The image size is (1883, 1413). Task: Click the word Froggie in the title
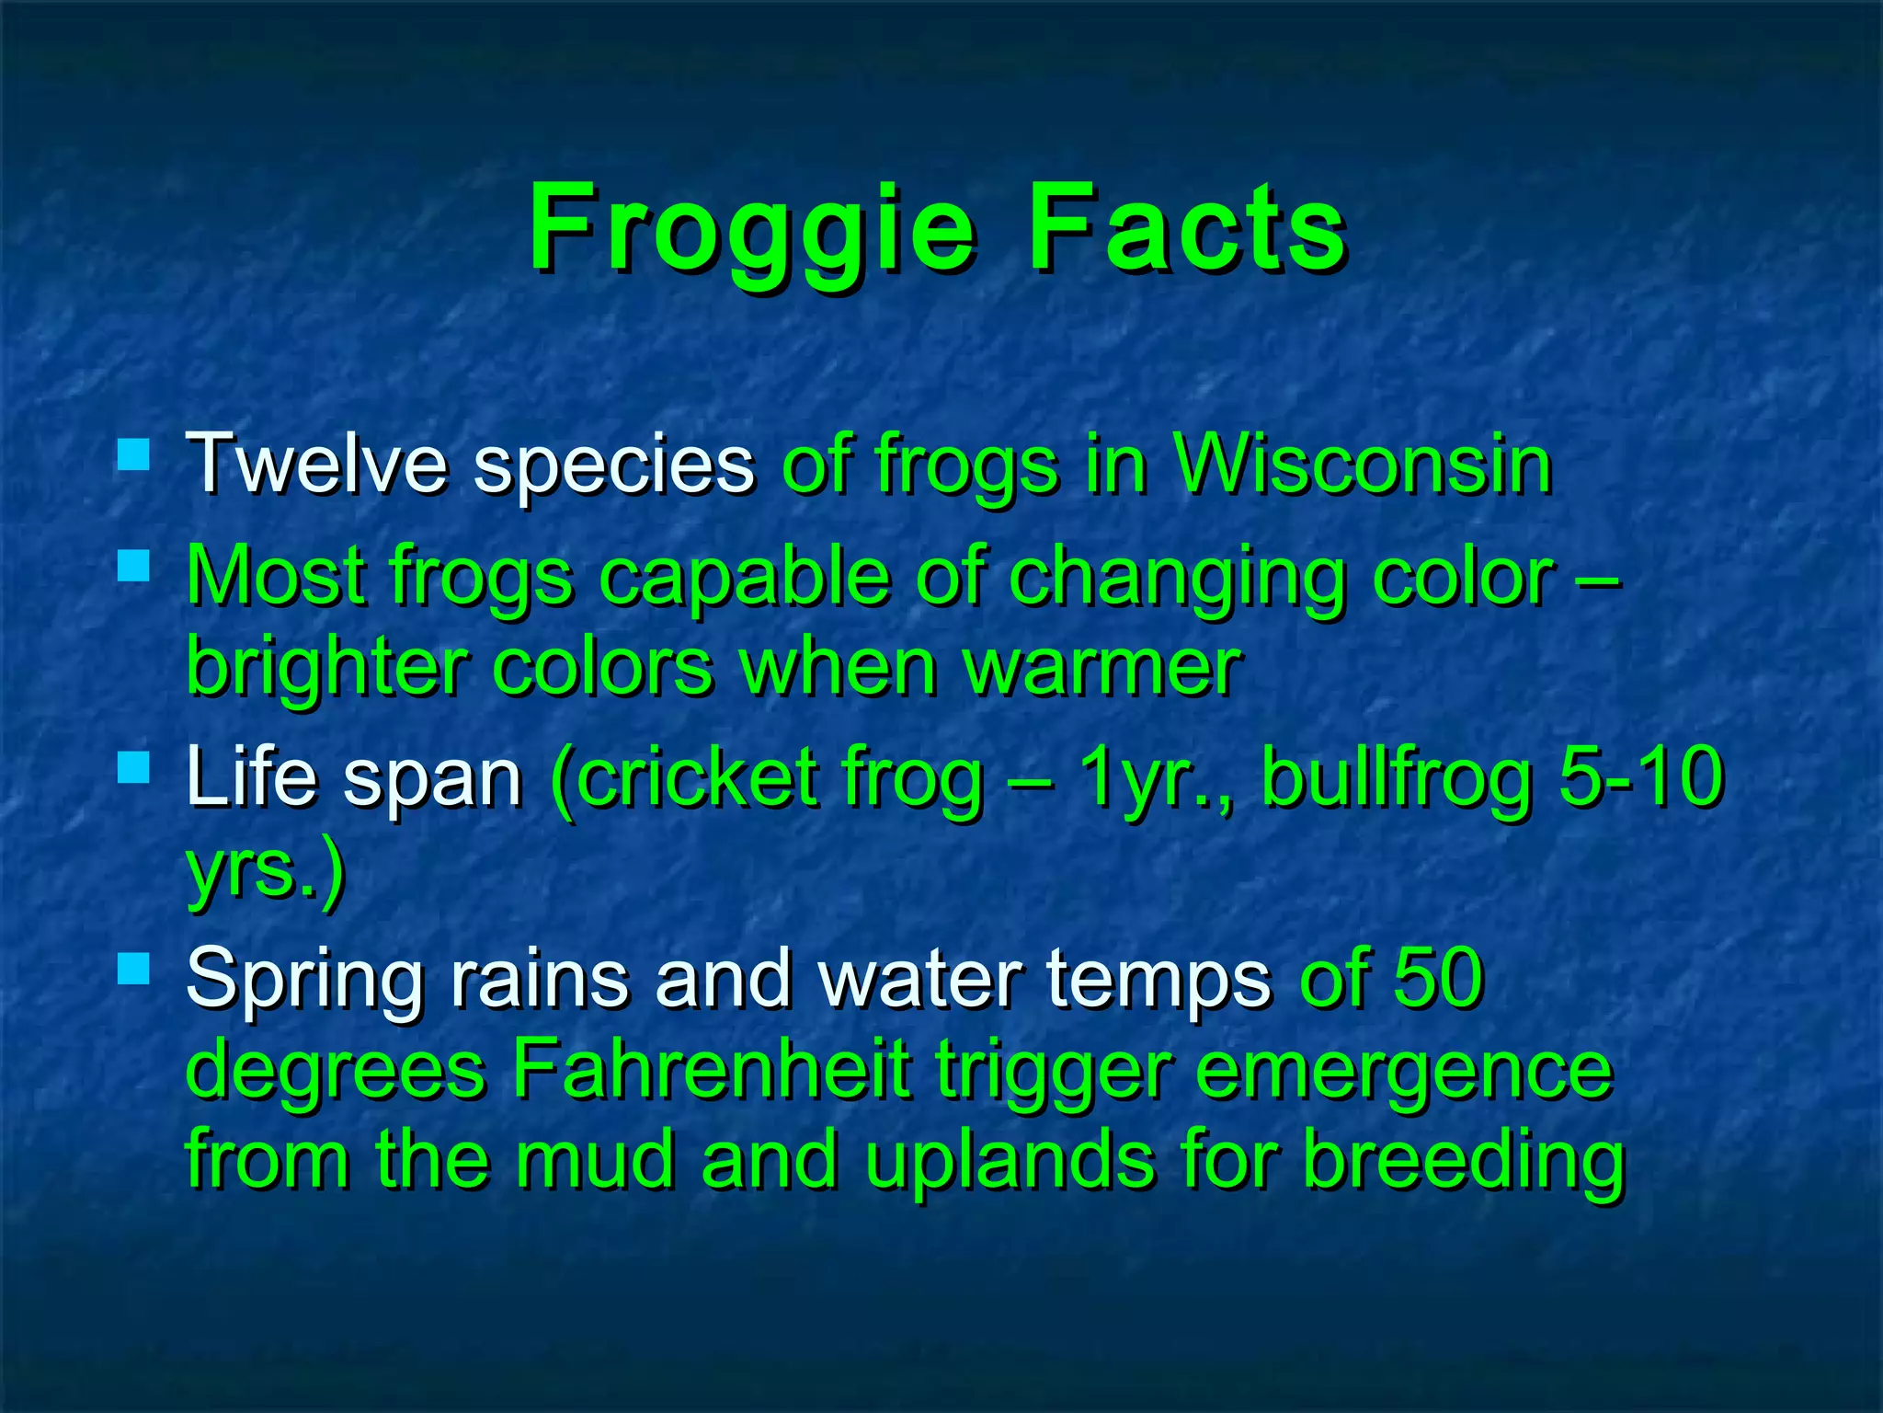pos(750,230)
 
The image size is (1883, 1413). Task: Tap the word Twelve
pos(317,464)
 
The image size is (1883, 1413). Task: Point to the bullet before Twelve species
pos(134,454)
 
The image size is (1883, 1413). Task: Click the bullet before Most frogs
pos(134,566)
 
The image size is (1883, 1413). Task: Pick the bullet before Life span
pos(134,767)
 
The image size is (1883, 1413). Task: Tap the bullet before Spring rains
pos(134,969)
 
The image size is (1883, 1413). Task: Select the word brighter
pos(325,666)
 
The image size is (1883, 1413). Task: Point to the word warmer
pos(1102,668)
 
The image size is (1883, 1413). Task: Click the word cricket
pos(699,777)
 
